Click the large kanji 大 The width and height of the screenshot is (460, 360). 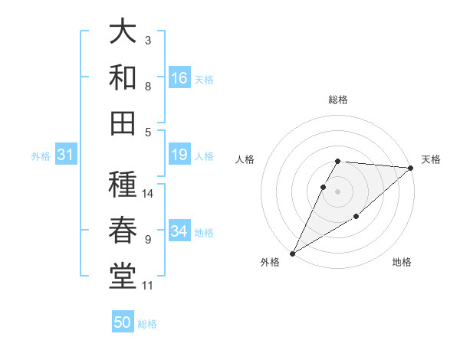[123, 31]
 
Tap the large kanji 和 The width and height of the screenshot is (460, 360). [123, 77]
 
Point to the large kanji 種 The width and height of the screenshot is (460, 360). [123, 185]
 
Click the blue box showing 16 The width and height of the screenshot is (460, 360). [179, 78]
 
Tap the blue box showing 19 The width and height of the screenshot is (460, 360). [179, 155]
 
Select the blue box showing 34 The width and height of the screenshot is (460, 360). [179, 231]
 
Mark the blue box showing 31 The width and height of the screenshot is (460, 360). [65, 155]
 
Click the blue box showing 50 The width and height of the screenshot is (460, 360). [123, 322]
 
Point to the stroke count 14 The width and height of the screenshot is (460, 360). [149, 193]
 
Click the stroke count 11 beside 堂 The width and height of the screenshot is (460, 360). [148, 286]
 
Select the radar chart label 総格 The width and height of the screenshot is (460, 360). [338, 100]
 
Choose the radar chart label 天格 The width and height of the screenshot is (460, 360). [431, 159]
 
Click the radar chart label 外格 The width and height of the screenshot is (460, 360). [270, 262]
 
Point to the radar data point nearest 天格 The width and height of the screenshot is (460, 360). [411, 168]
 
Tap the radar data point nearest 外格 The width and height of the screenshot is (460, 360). [292, 254]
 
